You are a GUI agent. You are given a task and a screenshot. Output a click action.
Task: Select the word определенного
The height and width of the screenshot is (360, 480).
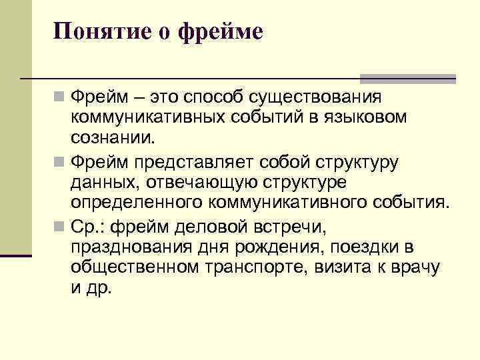(x=137, y=202)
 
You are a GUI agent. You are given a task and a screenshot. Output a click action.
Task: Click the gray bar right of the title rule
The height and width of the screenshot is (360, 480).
(x=407, y=78)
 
